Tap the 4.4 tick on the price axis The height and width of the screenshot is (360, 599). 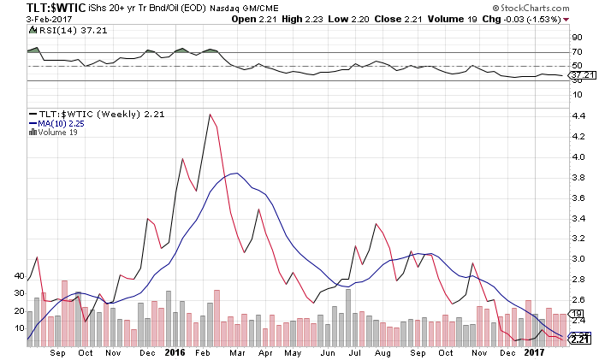[x=579, y=137]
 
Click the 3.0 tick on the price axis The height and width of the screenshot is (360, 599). [x=579, y=259]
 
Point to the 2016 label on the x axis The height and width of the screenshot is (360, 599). [x=175, y=351]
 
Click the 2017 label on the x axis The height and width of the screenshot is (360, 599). [x=533, y=351]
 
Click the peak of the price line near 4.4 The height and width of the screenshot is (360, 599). [x=210, y=114]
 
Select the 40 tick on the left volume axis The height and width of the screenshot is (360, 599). [x=21, y=276]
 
